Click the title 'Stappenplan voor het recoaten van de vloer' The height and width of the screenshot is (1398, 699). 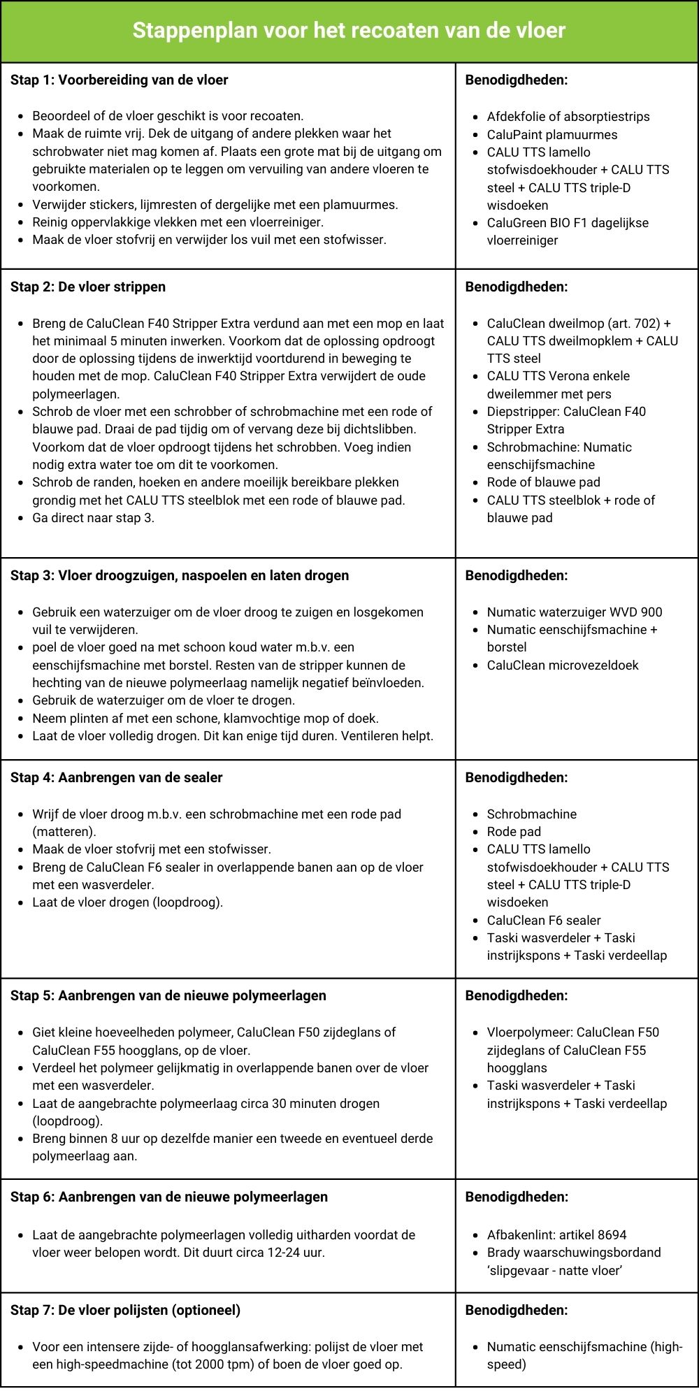pyautogui.click(x=349, y=30)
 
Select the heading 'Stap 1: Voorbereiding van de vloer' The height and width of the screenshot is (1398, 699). pyautogui.click(x=119, y=80)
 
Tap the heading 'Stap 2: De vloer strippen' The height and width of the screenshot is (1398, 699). pyautogui.click(x=88, y=287)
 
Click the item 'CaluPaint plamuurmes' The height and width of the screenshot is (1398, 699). pyautogui.click(x=552, y=134)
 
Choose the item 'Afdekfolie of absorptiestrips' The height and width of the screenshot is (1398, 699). pyautogui.click(x=568, y=117)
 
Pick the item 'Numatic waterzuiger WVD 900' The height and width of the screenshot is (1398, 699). pyautogui.click(x=574, y=612)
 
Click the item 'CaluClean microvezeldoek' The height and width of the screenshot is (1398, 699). pyautogui.click(x=562, y=665)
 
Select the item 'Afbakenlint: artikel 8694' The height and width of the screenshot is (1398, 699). pyautogui.click(x=556, y=1234)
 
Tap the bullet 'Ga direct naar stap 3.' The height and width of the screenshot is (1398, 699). pyautogui.click(x=93, y=517)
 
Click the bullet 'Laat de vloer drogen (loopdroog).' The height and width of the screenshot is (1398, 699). pyautogui.click(x=127, y=902)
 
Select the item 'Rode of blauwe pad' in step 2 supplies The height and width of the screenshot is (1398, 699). pyautogui.click(x=543, y=482)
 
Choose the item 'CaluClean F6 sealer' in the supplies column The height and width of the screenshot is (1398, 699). pyautogui.click(x=543, y=920)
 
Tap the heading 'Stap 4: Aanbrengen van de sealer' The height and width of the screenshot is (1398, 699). pyautogui.click(x=116, y=777)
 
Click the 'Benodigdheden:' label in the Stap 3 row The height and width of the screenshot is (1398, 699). pyautogui.click(x=516, y=575)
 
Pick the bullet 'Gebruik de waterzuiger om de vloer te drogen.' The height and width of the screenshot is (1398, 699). pyautogui.click(x=164, y=700)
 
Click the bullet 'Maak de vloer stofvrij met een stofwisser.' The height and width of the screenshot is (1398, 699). pyautogui.click(x=151, y=849)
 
